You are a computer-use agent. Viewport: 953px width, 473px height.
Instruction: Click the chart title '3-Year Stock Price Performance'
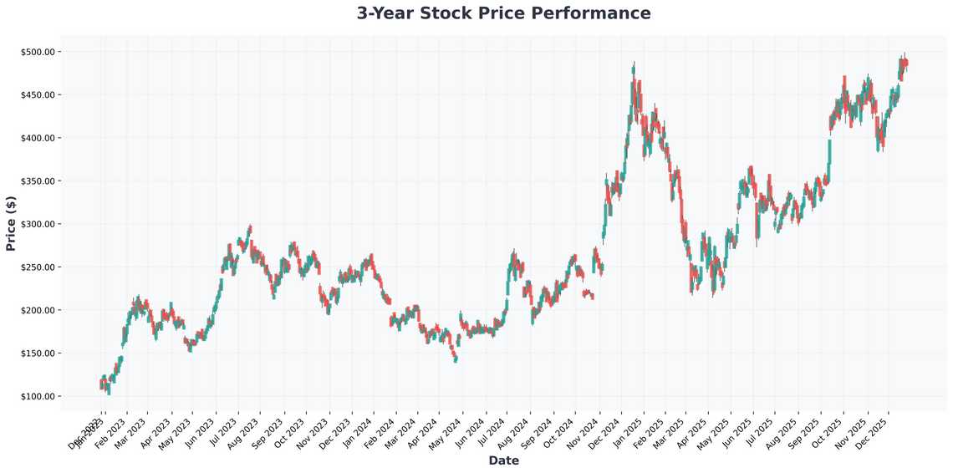[x=503, y=13]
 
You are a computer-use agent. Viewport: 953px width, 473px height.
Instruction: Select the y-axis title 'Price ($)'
[x=11, y=223]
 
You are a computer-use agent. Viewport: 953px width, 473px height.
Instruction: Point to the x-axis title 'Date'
[x=503, y=460]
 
